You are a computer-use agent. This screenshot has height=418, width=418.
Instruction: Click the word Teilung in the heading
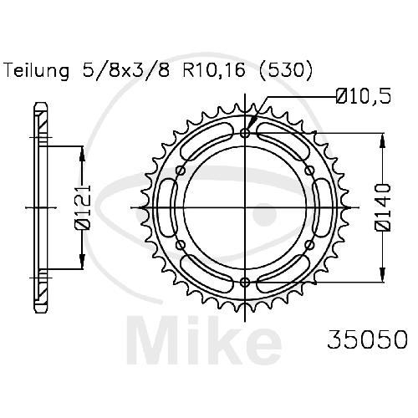(x=37, y=71)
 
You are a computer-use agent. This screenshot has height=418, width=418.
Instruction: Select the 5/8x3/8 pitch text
(x=126, y=71)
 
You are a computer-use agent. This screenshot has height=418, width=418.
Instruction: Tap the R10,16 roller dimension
(x=214, y=71)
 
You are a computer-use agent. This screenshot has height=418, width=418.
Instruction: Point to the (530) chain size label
(x=285, y=71)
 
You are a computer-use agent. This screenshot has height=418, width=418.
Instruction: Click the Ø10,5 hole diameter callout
(x=364, y=96)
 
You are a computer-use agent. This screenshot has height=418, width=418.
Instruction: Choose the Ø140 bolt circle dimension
(x=384, y=207)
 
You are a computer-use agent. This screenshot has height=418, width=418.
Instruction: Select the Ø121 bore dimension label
(x=84, y=207)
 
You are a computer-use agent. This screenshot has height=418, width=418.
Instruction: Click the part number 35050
(x=367, y=339)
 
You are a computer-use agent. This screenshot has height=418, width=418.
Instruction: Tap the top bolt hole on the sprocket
(x=245, y=133)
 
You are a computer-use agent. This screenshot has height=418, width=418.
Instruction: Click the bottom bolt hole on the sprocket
(x=245, y=283)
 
